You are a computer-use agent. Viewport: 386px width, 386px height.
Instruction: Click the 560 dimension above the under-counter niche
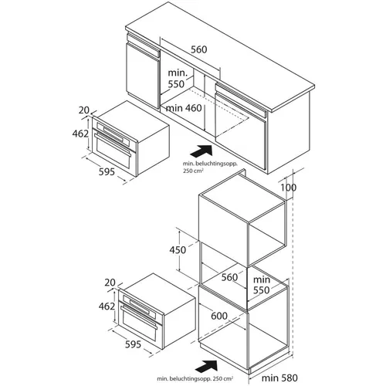(x=199, y=49)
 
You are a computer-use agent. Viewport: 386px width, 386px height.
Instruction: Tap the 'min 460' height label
(x=184, y=108)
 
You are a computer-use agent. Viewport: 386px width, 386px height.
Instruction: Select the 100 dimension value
(x=288, y=188)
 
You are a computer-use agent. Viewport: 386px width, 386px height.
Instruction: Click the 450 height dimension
(x=178, y=249)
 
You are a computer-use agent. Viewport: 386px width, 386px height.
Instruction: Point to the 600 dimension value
(x=219, y=316)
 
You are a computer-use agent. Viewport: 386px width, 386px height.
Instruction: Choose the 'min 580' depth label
(x=279, y=378)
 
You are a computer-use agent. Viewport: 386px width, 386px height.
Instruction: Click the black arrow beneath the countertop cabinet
(x=201, y=151)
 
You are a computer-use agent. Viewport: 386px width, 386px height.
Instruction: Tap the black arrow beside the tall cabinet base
(x=206, y=366)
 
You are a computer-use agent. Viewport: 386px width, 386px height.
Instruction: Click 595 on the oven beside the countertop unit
(x=107, y=171)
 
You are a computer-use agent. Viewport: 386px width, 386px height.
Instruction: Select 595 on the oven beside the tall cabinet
(x=133, y=344)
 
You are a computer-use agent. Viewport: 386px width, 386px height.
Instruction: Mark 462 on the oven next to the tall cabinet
(x=107, y=306)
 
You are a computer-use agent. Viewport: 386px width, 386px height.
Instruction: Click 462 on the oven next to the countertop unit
(x=80, y=134)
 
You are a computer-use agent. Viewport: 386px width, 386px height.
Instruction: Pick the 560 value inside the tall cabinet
(x=229, y=277)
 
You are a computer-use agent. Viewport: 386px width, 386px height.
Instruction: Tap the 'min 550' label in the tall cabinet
(x=262, y=285)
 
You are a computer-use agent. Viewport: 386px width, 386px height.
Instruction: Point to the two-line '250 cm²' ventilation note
(x=210, y=167)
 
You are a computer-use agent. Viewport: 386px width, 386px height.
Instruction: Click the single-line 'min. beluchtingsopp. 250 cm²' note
(x=195, y=379)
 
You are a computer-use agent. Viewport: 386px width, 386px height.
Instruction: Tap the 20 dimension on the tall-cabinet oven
(x=110, y=283)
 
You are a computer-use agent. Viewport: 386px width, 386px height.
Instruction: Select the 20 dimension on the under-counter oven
(x=84, y=110)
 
